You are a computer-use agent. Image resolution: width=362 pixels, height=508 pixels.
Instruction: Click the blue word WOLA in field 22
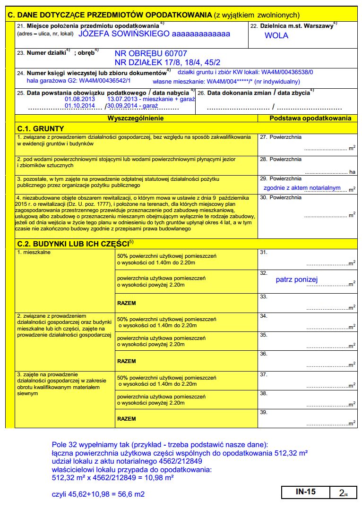click(x=276, y=35)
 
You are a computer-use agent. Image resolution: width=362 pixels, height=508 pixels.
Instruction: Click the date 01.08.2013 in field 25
click(x=80, y=99)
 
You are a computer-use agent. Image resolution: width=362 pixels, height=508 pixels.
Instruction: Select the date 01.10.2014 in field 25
click(x=80, y=106)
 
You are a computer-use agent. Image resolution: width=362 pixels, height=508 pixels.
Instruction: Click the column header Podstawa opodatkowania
click(x=310, y=118)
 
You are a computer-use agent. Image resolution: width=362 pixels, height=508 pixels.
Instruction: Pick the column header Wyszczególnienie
click(x=136, y=118)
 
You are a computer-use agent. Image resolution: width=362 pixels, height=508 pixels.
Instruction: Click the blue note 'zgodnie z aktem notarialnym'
click(x=302, y=188)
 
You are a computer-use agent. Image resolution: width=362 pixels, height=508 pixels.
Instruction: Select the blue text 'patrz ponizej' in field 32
click(x=297, y=279)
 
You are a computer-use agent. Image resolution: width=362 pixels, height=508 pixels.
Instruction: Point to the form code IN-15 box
click(x=306, y=491)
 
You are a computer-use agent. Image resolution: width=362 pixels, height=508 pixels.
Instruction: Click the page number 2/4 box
click(x=343, y=492)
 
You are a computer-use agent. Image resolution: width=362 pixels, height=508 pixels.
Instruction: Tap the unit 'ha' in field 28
click(x=352, y=172)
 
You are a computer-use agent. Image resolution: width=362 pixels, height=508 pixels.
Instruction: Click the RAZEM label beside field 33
click(x=127, y=303)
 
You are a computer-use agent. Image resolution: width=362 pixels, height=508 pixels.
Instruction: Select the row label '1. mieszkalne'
click(x=34, y=253)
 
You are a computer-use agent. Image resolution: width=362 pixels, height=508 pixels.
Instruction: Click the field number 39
click(x=264, y=413)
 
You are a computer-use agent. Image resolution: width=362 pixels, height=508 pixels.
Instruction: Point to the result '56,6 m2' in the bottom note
click(x=130, y=494)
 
